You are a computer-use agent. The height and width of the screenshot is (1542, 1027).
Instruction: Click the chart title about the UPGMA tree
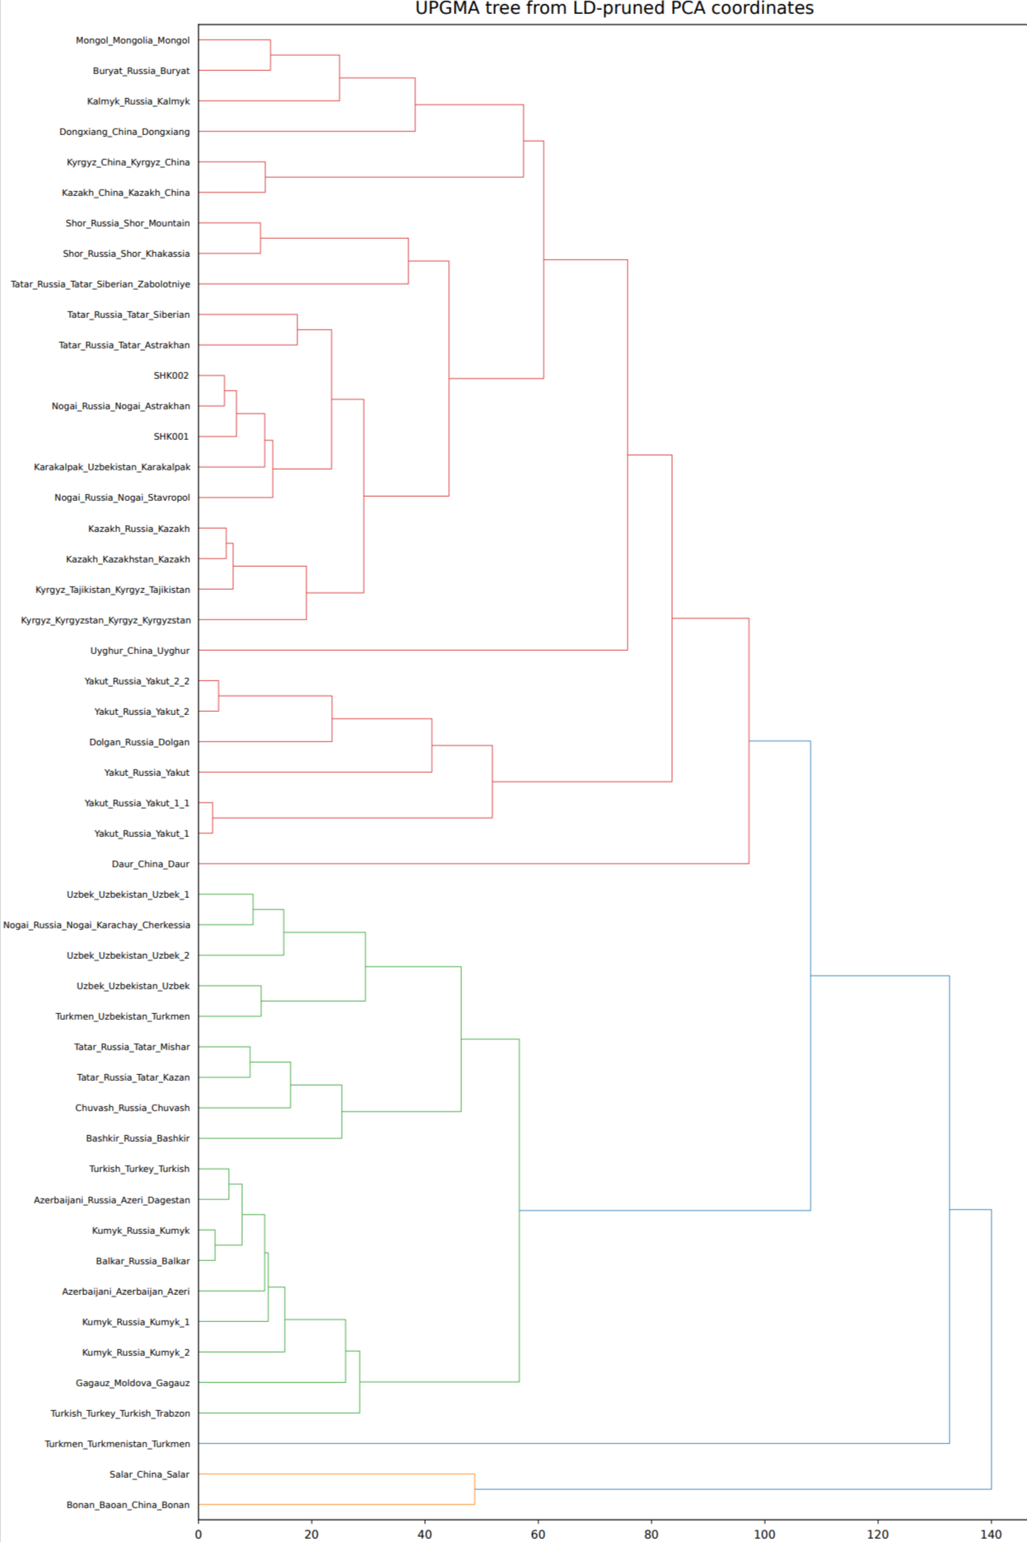click(x=614, y=9)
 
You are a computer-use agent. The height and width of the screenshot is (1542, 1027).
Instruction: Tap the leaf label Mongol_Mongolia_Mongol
click(x=133, y=40)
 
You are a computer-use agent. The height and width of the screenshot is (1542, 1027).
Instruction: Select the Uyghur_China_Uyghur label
click(x=140, y=651)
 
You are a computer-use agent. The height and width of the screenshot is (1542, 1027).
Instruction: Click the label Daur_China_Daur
click(x=151, y=864)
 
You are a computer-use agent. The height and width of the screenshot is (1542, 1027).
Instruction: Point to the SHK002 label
click(x=171, y=376)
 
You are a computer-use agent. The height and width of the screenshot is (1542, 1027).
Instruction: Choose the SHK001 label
click(x=171, y=437)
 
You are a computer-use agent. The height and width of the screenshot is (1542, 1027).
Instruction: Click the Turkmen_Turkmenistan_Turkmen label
click(x=117, y=1444)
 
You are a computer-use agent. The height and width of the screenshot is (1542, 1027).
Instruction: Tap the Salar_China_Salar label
click(x=149, y=1474)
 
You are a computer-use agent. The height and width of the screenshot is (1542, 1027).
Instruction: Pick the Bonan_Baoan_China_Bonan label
click(x=128, y=1505)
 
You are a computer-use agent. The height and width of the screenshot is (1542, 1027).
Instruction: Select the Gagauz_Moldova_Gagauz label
click(x=133, y=1383)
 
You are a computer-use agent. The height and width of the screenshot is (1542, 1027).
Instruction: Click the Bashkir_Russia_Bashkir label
click(x=138, y=1138)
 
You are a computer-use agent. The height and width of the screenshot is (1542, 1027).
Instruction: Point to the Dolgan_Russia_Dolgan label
click(x=139, y=742)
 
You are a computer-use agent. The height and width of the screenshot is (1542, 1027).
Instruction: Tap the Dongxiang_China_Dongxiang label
click(x=124, y=132)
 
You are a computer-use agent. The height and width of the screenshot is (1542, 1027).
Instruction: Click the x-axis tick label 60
click(x=538, y=1534)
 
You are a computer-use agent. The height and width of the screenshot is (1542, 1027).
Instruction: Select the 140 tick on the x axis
click(x=991, y=1534)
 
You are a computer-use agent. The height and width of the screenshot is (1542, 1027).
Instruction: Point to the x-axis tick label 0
click(x=198, y=1534)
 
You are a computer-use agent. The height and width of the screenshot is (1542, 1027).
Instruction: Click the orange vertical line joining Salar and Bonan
click(x=475, y=1489)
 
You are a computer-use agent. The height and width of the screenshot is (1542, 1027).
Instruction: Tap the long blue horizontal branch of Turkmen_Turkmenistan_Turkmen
click(x=574, y=1443)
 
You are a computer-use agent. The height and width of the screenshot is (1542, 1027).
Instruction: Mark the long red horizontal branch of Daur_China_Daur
click(x=474, y=863)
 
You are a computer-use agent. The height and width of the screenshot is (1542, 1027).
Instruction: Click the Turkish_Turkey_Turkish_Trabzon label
click(x=120, y=1413)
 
